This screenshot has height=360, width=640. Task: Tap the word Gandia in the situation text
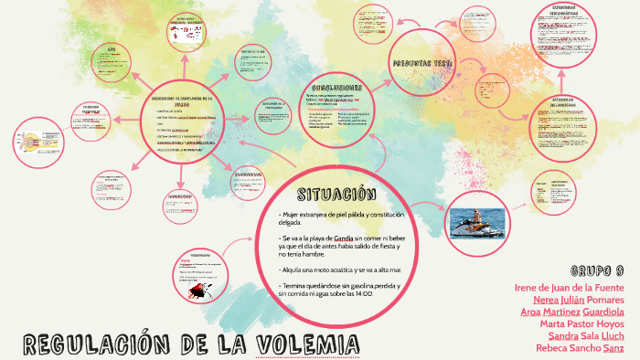pos(344,238)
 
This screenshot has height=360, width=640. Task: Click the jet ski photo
pos(477,223)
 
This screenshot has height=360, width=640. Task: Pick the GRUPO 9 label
pos(597,270)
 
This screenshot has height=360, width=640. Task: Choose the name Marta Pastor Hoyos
pos(581,323)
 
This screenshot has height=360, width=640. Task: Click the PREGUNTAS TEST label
pos(422,63)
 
